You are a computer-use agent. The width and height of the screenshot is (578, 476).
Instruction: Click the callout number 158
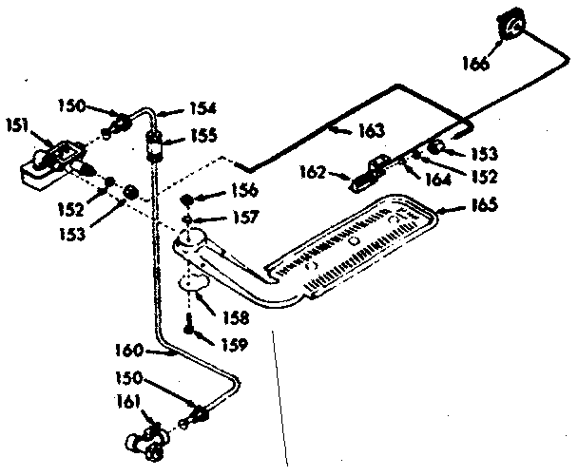[x=232, y=316]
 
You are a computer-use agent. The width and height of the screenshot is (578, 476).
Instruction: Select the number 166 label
[x=476, y=65]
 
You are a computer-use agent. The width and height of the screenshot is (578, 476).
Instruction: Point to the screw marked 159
[x=192, y=329]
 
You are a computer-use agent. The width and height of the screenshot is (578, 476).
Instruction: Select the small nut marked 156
[x=187, y=200]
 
